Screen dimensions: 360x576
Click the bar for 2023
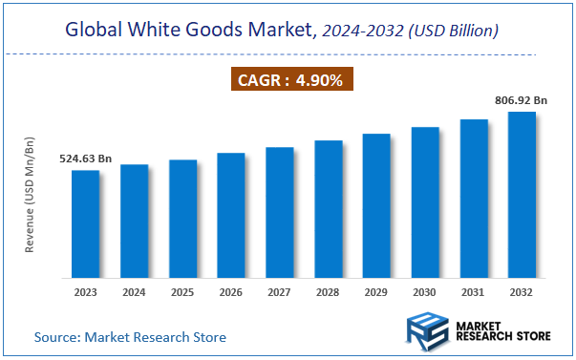pos(85,224)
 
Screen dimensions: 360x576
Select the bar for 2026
pos(231,216)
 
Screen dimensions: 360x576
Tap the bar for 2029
pos(376,206)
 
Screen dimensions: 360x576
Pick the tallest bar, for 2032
pos(522,195)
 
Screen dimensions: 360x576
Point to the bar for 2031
pos(474,199)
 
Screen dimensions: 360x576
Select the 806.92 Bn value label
pos(521,98)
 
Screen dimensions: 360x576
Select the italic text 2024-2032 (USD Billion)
pos(409,31)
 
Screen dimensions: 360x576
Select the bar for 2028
pos(328,209)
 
